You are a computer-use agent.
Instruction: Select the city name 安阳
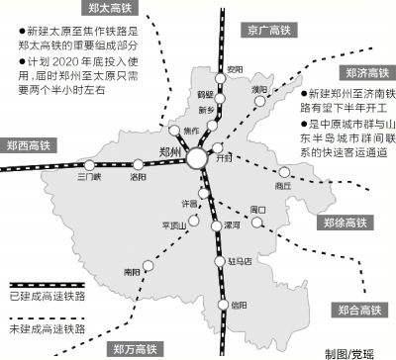(233, 68)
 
